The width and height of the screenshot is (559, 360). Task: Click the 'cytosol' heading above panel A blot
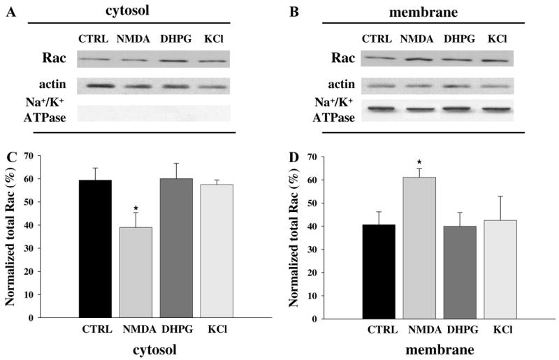pyautogui.click(x=137, y=10)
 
